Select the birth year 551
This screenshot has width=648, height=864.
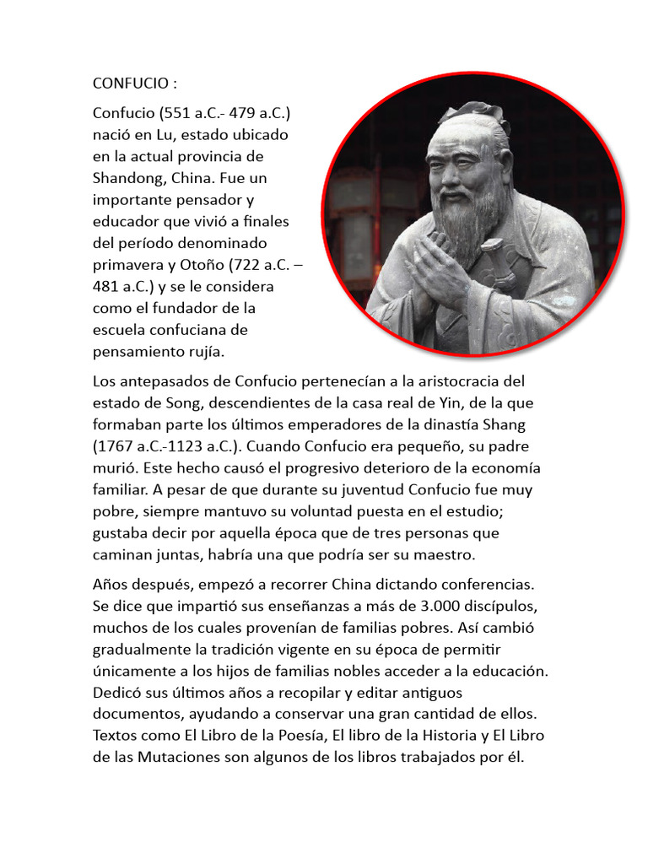pyautogui.click(x=170, y=113)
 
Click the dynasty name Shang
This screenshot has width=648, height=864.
pyautogui.click(x=507, y=424)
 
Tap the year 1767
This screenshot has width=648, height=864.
pyautogui.click(x=117, y=446)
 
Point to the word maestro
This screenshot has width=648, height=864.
pyautogui.click(x=444, y=554)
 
